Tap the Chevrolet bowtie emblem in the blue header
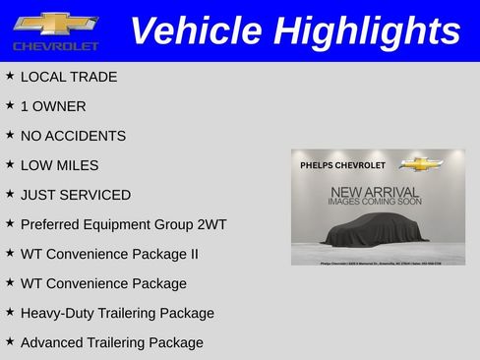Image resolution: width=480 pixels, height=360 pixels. pyautogui.click(x=55, y=24)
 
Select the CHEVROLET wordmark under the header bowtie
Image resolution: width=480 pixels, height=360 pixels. pyautogui.click(x=55, y=46)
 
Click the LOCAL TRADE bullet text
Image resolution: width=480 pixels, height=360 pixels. pyautogui.click(x=68, y=77)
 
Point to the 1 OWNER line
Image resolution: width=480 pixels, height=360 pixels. pyautogui.click(x=53, y=106)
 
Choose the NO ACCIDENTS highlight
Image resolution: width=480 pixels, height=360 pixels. pyautogui.click(x=73, y=136)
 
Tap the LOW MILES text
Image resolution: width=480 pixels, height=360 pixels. pyautogui.click(x=59, y=165)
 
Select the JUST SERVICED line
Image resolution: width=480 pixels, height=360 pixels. pyautogui.click(x=75, y=195)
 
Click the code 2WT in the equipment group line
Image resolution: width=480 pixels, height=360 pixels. pyautogui.click(x=210, y=224)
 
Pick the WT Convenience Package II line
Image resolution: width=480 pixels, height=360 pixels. pyautogui.click(x=109, y=254)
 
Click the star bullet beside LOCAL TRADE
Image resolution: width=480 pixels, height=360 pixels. pyautogui.click(x=9, y=76)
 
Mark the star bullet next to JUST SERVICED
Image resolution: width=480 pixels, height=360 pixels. pyautogui.click(x=9, y=194)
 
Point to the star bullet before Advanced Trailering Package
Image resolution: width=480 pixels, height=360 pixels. pyautogui.click(x=9, y=341)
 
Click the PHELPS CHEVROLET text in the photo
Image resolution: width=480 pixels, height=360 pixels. pyautogui.click(x=342, y=165)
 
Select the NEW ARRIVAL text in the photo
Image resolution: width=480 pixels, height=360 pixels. pyautogui.click(x=375, y=192)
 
